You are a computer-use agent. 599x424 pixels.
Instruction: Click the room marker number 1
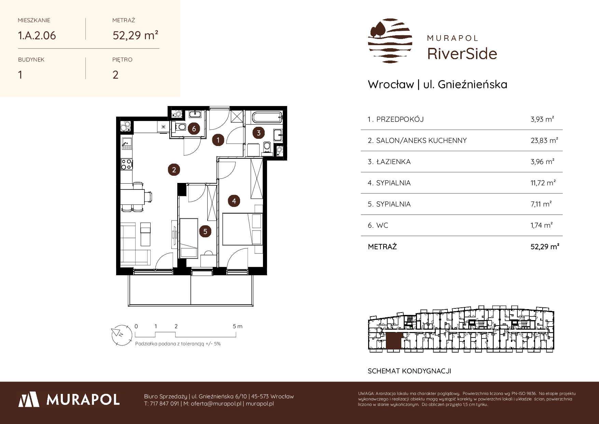(218, 140)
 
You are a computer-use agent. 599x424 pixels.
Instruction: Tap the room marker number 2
(174, 170)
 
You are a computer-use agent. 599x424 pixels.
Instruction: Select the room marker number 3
(259, 133)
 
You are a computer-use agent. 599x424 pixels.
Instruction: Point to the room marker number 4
(234, 201)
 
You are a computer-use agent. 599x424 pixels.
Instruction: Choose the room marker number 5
(205, 231)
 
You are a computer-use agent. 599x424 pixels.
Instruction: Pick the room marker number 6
(194, 129)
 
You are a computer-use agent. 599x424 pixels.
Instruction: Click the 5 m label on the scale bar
(238, 326)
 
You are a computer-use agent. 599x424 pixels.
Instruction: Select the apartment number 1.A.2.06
(37, 35)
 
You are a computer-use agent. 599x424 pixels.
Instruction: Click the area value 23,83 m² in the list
(544, 140)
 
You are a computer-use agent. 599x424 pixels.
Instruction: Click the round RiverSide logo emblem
(390, 41)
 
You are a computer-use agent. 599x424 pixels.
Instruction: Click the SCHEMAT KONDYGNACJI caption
(409, 371)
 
